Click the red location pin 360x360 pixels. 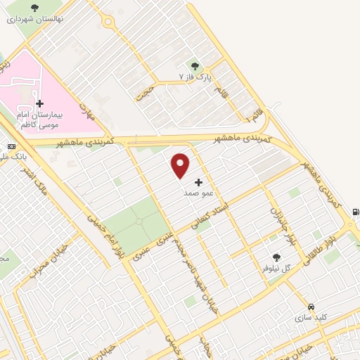coord(181,165)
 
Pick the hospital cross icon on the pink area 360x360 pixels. coord(39,103)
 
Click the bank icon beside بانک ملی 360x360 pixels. coord(10,146)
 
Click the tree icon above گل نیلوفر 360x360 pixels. coord(277,258)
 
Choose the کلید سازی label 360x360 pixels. coord(311,318)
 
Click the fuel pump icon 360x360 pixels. coord(355,212)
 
